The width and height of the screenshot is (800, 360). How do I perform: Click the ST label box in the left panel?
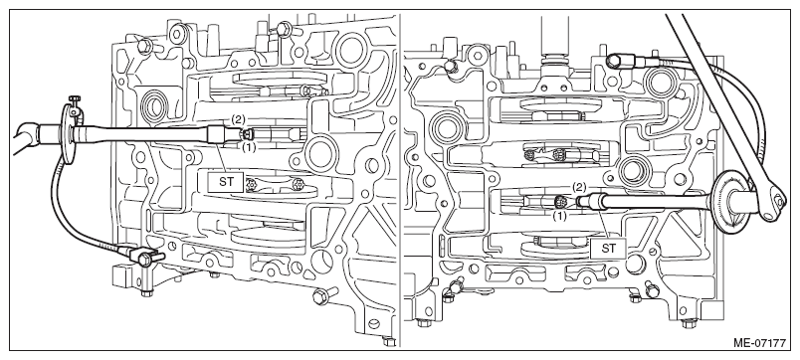click(225, 182)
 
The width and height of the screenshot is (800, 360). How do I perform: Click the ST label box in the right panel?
click(608, 249)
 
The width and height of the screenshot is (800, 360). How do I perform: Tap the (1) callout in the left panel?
click(248, 147)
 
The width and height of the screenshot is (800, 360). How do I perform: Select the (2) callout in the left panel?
click(238, 119)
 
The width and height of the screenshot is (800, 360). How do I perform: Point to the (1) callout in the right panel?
click(560, 216)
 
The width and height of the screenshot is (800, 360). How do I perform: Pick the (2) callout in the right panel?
click(578, 187)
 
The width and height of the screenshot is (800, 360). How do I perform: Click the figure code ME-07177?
click(759, 343)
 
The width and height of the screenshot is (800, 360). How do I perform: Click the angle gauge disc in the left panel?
click(67, 133)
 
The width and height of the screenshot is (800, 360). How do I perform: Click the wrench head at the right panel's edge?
click(774, 203)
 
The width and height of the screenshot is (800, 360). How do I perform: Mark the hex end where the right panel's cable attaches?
click(614, 62)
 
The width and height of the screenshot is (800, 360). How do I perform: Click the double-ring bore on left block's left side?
click(153, 104)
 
